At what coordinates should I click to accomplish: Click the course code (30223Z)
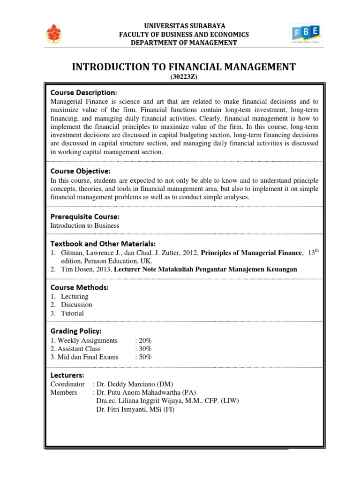tap(183, 77)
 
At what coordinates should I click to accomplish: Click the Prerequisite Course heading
tap(85, 217)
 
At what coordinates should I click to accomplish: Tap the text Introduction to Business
tap(85, 225)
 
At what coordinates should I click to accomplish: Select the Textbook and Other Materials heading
tap(103, 243)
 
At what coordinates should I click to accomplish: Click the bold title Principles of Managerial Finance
tap(252, 253)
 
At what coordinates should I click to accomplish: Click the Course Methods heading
tap(79, 287)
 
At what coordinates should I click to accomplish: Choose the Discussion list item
tap(76, 305)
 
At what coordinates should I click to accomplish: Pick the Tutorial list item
tap(72, 313)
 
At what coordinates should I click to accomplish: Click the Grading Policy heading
tap(76, 331)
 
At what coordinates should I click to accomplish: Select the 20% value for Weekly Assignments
tap(143, 340)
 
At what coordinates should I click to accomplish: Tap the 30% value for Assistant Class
tap(143, 349)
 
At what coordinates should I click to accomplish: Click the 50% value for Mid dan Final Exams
tap(143, 357)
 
